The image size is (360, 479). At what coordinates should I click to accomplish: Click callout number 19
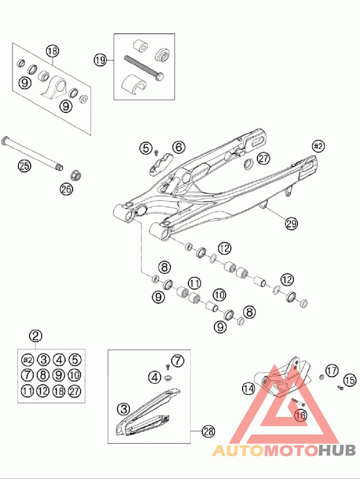(100, 59)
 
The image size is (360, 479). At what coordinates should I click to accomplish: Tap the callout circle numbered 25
(24, 166)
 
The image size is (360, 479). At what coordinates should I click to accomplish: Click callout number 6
(179, 147)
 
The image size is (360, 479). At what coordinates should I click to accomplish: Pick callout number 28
(208, 431)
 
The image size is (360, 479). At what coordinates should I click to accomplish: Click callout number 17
(332, 371)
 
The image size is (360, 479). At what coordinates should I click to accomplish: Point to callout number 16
(301, 415)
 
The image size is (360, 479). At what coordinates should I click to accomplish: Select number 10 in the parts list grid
(75, 375)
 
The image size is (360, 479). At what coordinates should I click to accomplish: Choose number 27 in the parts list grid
(75, 391)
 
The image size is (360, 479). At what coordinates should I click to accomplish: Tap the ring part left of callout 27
(248, 164)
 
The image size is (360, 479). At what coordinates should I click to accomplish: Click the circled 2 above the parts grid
(36, 336)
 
